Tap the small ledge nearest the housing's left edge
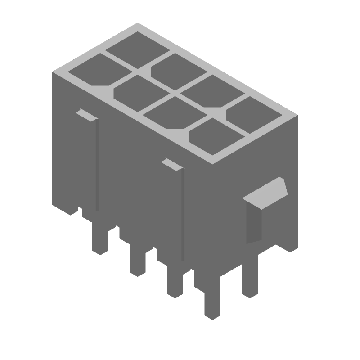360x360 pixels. pos(87,115)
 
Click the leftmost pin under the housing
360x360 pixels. pos(100,238)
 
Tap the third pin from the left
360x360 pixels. pos(174,281)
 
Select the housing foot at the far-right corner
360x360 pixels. pos(288,245)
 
